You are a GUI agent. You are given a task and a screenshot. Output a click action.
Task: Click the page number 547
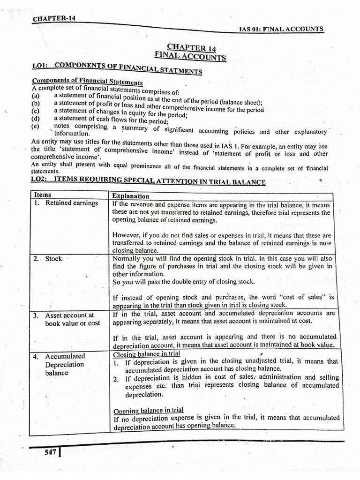50,452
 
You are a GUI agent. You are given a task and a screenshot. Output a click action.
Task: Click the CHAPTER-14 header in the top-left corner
54,19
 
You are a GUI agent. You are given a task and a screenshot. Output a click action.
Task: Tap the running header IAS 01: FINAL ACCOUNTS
281,29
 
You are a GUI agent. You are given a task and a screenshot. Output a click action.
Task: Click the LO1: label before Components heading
41,65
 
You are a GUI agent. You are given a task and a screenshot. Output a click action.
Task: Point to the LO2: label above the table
41,179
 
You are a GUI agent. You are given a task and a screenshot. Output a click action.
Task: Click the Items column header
43,195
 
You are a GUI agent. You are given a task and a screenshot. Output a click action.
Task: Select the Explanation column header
131,196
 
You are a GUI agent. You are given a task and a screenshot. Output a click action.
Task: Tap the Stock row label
53,259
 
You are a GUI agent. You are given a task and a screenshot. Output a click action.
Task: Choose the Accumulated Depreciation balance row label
65,364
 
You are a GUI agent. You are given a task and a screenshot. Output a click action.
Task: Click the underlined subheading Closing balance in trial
147,354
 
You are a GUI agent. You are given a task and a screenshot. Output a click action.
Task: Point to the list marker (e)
35,126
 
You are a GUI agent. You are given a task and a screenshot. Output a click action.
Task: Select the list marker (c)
35,111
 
